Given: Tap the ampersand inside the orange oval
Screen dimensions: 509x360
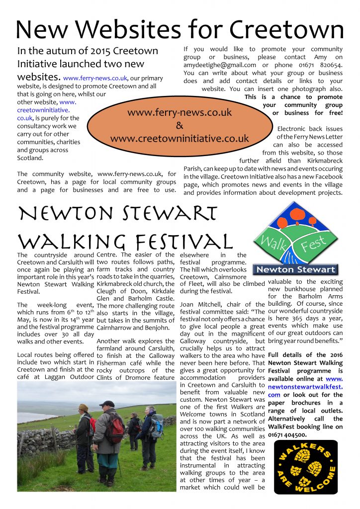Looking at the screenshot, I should point(180,125).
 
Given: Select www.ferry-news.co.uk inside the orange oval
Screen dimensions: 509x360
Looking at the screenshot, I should point(180,112).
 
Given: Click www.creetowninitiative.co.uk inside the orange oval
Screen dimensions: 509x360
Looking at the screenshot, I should point(180,138).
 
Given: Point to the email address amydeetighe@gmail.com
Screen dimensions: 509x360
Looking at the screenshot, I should point(220,65).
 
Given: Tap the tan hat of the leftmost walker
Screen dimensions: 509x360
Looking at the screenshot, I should point(83,408).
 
